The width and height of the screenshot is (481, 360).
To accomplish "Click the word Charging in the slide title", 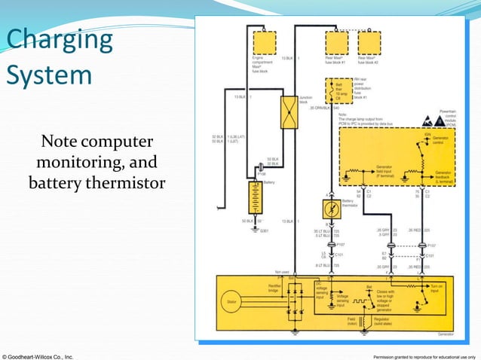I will (59, 39).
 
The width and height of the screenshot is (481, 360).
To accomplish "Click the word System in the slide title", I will (49, 75).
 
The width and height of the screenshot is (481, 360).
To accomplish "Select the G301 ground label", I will (264, 230).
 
